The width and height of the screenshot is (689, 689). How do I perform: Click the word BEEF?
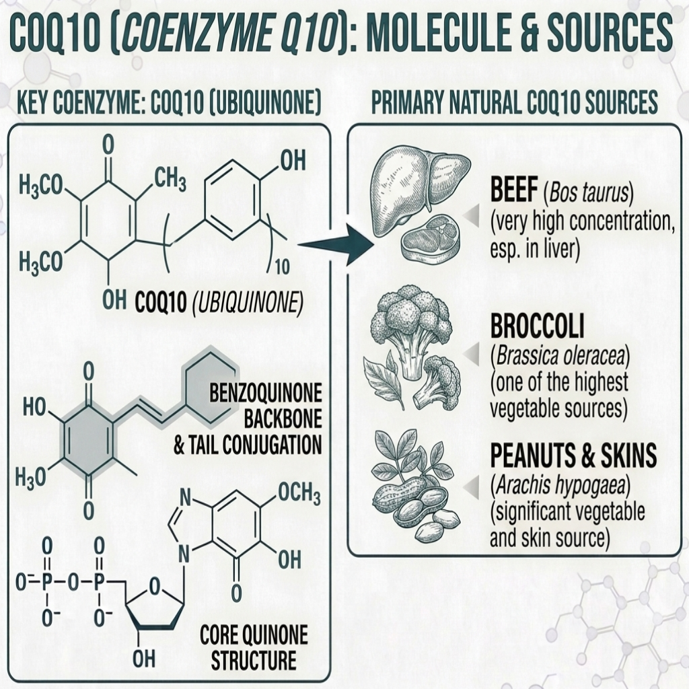click(513, 190)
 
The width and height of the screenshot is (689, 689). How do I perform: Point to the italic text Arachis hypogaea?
click(559, 485)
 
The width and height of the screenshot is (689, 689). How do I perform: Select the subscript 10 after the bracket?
click(282, 266)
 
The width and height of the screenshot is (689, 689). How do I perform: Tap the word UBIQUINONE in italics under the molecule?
click(248, 303)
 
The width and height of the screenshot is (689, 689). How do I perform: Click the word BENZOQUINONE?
click(265, 392)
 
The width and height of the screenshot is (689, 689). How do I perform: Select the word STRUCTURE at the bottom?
click(254, 661)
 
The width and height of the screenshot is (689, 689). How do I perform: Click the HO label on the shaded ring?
click(34, 407)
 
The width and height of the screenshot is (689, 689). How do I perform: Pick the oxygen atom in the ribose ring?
click(154, 586)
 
